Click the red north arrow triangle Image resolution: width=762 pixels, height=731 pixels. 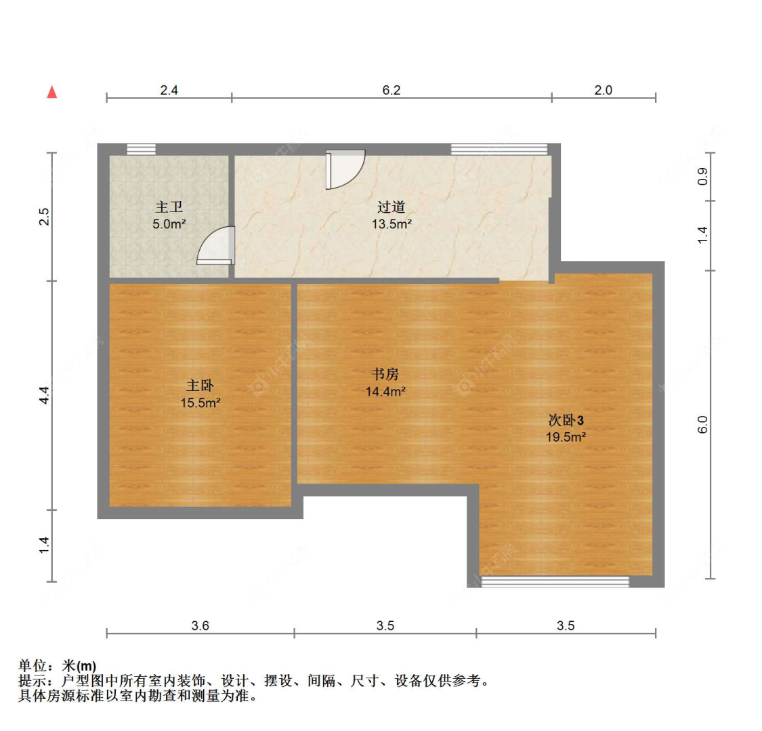click(x=52, y=92)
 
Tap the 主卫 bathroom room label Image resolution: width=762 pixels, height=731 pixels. click(x=169, y=207)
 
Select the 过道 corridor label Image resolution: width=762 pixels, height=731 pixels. click(x=391, y=207)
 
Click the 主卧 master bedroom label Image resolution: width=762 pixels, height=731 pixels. click(x=200, y=385)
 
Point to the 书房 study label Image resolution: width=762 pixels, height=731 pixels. click(x=385, y=374)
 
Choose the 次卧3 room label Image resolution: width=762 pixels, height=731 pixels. click(x=566, y=419)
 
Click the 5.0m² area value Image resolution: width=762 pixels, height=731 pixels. click(x=169, y=224)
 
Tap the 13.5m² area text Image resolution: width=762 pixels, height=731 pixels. click(x=391, y=224)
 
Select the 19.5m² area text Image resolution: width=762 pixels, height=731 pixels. click(x=566, y=437)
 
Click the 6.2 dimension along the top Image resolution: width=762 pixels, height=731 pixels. click(x=391, y=90)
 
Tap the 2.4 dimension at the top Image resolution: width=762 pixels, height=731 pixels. click(x=169, y=90)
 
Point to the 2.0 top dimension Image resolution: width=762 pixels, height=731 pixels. click(x=603, y=90)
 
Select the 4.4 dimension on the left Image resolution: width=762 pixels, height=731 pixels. click(x=44, y=395)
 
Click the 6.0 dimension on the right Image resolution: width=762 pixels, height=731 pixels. click(x=702, y=424)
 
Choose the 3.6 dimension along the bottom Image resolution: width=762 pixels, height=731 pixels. click(x=200, y=625)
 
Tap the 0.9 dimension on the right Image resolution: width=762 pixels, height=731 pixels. click(x=702, y=176)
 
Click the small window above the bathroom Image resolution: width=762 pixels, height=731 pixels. click(x=141, y=149)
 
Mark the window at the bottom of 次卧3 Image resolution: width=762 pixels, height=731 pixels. click(x=555, y=582)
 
